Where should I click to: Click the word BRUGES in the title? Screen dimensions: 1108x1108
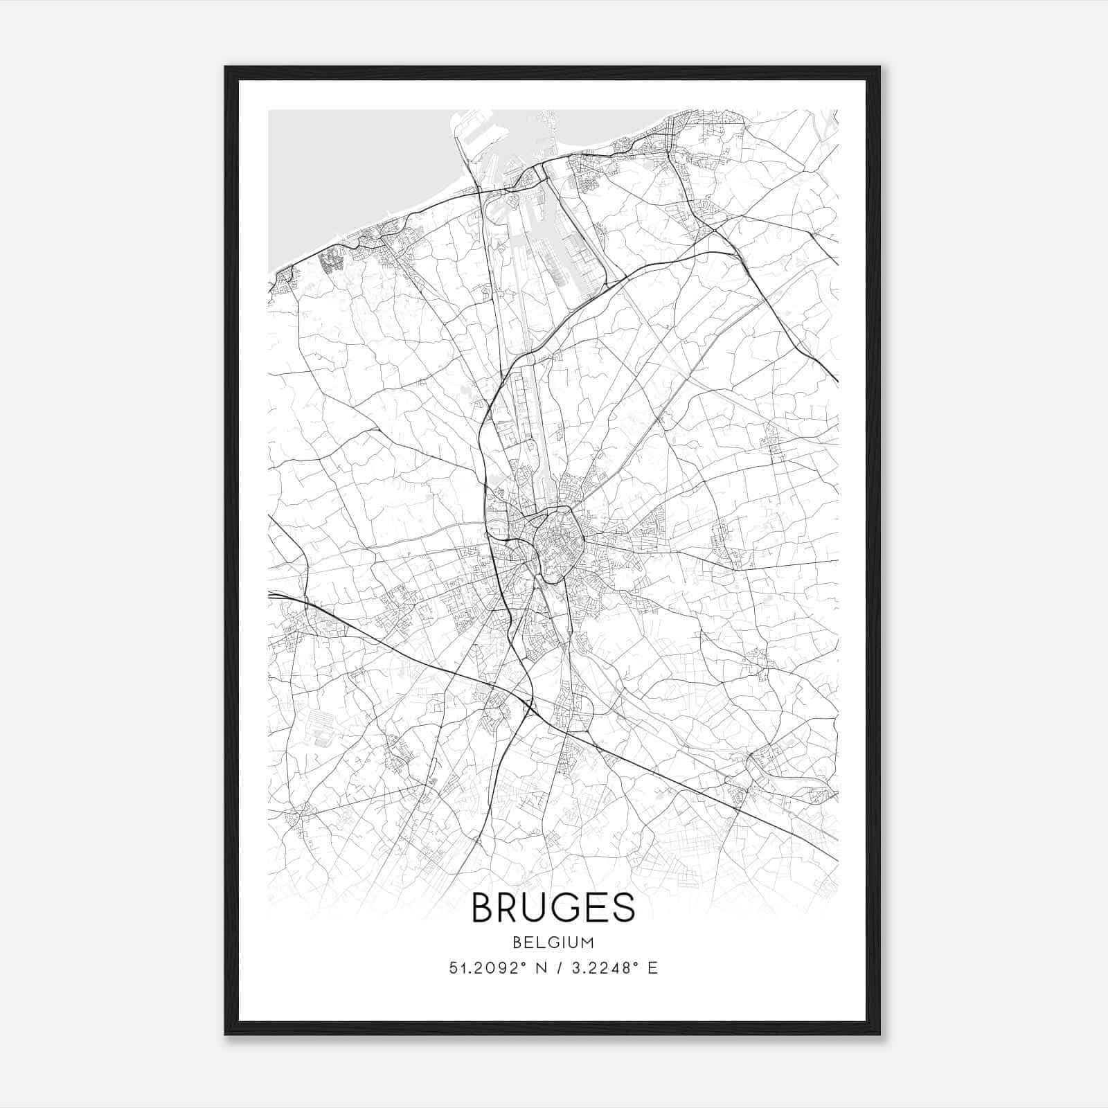pyautogui.click(x=553, y=907)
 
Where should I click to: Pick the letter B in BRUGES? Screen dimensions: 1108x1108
pyautogui.click(x=484, y=907)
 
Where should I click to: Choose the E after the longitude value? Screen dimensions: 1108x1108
pyautogui.click(x=652, y=968)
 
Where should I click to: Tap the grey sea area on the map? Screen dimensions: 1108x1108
pyautogui.click(x=346, y=166)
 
